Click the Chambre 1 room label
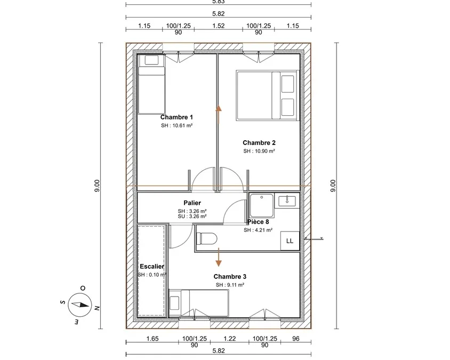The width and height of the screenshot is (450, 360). [x=176, y=117]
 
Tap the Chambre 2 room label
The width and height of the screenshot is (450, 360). [x=259, y=143]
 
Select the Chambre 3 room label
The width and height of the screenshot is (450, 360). [x=230, y=276]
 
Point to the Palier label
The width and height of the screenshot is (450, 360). [x=192, y=203]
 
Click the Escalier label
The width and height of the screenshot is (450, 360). [x=152, y=267]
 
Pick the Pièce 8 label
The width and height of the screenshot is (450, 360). [x=258, y=222]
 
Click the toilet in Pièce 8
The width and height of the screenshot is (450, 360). [x=207, y=238]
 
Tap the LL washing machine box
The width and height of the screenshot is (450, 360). [x=290, y=241]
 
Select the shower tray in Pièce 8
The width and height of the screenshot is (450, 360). [x=262, y=205]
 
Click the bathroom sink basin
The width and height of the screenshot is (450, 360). [x=287, y=201]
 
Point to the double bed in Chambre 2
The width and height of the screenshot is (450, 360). [x=268, y=95]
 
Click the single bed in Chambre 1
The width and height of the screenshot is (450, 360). [x=151, y=84]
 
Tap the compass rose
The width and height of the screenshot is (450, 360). [x=80, y=305]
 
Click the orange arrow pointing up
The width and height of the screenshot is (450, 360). [x=219, y=115]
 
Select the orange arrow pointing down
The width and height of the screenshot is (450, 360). [x=219, y=257]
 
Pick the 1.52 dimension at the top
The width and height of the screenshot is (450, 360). [x=219, y=26]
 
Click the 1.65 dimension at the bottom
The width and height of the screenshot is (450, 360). [x=152, y=339]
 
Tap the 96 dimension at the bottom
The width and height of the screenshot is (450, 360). [x=296, y=339]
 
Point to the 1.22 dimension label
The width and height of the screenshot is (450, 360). [x=230, y=339]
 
